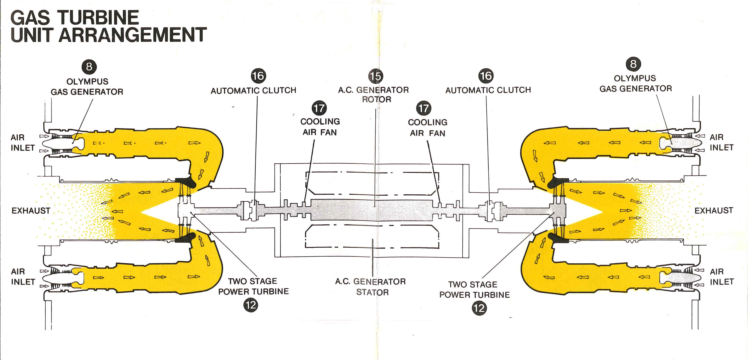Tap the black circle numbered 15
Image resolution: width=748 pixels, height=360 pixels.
click(x=375, y=76)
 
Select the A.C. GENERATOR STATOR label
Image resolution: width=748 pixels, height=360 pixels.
click(x=371, y=287)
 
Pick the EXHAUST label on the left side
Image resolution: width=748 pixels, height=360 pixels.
click(x=31, y=211)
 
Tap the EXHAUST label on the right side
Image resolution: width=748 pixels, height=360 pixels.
click(x=713, y=210)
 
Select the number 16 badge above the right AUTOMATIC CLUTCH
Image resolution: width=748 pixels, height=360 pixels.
click(x=486, y=76)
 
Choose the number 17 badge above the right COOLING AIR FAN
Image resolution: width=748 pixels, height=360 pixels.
click(x=424, y=108)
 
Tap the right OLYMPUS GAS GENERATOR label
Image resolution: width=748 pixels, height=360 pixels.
click(x=635, y=83)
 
